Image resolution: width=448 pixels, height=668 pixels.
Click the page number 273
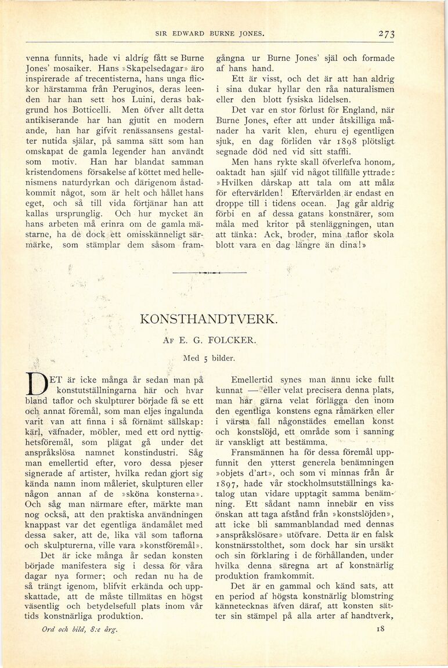point(386,34)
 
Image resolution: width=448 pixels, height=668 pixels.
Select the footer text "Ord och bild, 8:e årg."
point(80,629)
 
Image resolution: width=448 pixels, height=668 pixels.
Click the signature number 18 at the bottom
point(381,628)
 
